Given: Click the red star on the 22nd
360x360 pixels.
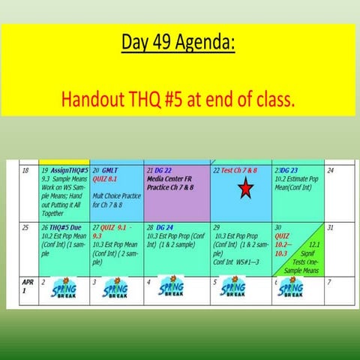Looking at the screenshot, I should tap(245, 190).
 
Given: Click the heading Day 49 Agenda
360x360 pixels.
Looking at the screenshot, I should tap(178, 43).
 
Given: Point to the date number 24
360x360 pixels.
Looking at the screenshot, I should tap(332, 171).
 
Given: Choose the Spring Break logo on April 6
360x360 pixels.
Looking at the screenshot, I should tap(290, 289).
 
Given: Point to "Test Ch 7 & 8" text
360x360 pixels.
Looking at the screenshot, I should tap(239, 171).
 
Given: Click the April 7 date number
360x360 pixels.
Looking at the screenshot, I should tap(331, 282).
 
